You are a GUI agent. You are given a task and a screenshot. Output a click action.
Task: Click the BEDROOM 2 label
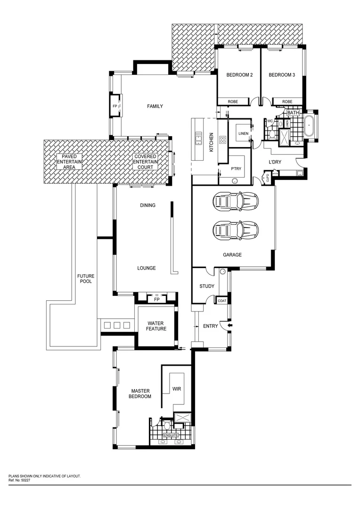tap(239, 75)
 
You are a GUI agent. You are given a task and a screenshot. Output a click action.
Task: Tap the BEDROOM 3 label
tap(282, 75)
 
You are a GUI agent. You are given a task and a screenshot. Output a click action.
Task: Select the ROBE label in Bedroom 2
tap(233, 102)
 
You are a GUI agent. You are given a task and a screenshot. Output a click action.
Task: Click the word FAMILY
tap(155, 107)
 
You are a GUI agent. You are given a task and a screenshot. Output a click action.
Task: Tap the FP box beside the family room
tap(115, 106)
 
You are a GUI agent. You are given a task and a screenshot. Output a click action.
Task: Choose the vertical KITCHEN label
tap(212, 142)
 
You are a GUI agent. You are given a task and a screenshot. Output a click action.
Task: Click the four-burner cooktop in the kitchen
tap(222, 140)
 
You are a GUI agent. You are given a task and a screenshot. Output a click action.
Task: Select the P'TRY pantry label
tap(236, 169)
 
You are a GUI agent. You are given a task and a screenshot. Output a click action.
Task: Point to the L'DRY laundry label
tap(275, 163)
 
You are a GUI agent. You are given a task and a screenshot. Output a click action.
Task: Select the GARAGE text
tap(232, 255)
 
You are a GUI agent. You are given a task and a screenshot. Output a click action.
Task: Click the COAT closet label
tap(222, 301)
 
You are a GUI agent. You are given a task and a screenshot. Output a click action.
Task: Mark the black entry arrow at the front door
tap(229, 325)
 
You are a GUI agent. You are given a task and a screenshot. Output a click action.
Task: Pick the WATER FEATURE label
tap(156, 326)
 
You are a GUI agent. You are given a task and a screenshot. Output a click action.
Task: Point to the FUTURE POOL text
tap(85, 279)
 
